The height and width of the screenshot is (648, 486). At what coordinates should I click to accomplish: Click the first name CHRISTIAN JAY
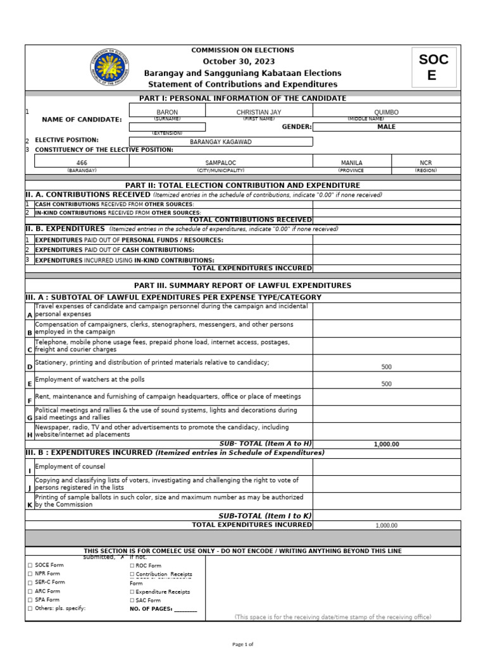point(258,112)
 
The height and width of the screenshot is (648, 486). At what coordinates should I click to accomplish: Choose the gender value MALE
point(386,127)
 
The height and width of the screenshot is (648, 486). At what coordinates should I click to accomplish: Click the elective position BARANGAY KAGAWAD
point(221,142)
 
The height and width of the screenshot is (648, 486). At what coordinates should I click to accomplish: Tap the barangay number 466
point(82,163)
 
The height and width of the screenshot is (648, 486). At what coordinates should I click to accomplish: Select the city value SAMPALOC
point(220,163)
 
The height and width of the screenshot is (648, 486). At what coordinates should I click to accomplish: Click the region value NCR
point(425,163)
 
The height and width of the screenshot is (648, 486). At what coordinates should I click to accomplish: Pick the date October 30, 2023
point(243,61)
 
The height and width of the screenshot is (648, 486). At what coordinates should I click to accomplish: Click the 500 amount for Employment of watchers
point(386,384)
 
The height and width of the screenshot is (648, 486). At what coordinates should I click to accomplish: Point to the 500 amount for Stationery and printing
point(386,366)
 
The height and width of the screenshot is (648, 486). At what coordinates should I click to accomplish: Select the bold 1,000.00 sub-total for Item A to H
point(386,444)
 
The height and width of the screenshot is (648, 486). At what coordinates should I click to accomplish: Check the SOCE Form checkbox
point(30,565)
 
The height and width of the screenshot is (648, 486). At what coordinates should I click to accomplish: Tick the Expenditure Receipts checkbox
point(132,592)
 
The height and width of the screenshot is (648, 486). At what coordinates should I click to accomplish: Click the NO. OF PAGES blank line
point(185,609)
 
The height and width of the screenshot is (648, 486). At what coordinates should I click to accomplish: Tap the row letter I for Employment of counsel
point(29,471)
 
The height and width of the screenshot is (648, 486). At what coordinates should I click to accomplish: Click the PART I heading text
point(243,98)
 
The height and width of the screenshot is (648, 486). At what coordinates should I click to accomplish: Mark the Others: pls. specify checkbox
point(30,608)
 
